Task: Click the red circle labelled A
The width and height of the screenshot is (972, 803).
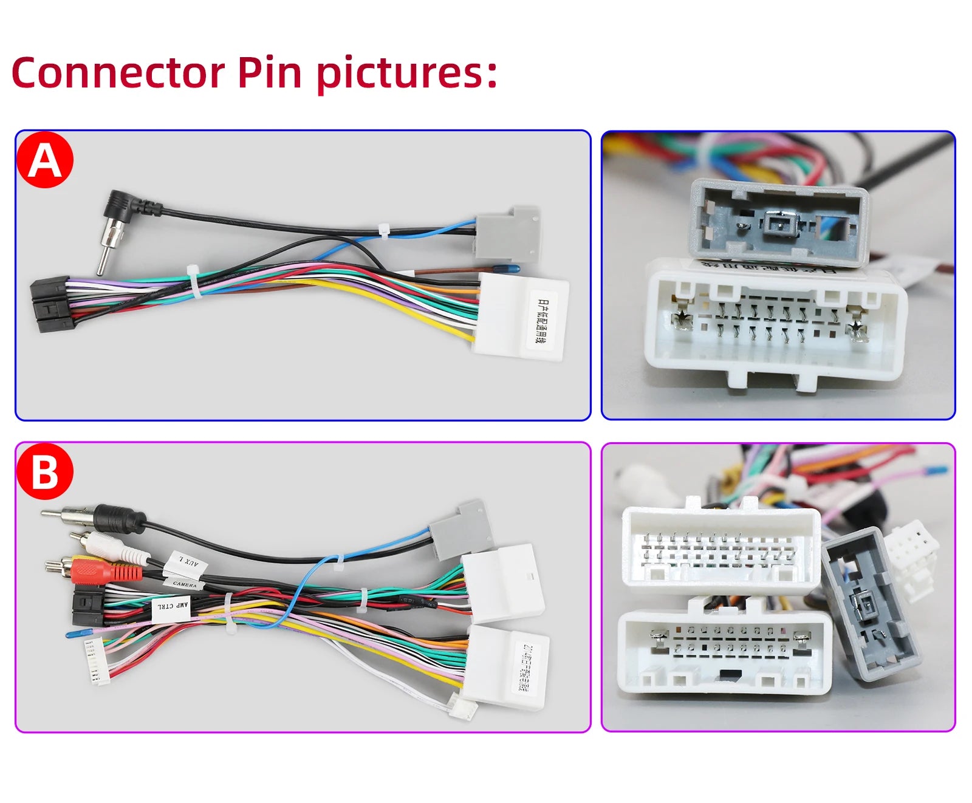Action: click(45, 160)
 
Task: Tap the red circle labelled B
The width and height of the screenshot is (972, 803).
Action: click(45, 472)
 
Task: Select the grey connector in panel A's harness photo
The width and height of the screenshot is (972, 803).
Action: click(507, 234)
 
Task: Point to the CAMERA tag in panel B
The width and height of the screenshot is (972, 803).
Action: click(184, 584)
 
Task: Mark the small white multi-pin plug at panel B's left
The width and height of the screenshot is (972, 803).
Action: click(97, 661)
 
